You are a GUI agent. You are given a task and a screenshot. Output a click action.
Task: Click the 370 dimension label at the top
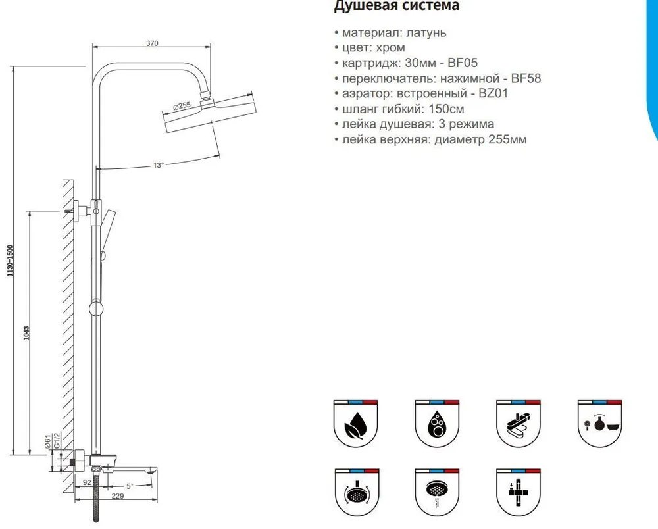pyautogui.click(x=152, y=43)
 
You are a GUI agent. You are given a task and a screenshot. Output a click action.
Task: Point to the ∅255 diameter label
pyautogui.click(x=182, y=106)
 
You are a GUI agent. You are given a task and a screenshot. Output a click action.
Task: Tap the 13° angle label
pyautogui.click(x=158, y=165)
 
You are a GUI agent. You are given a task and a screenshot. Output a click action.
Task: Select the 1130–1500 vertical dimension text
pyautogui.click(x=10, y=260)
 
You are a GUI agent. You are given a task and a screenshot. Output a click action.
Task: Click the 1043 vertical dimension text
pyautogui.click(x=26, y=333)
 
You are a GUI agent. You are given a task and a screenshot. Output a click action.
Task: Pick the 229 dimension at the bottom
pyautogui.click(x=118, y=496)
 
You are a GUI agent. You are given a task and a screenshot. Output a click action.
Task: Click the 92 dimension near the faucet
pyautogui.click(x=87, y=482)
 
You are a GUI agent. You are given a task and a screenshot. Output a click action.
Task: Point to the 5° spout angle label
pyautogui.click(x=130, y=486)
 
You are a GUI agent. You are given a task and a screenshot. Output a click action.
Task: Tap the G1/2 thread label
pyautogui.click(x=57, y=440)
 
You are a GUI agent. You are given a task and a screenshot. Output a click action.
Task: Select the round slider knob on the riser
pyautogui.click(x=96, y=309)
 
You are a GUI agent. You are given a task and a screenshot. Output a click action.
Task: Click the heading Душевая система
pyautogui.click(x=397, y=6)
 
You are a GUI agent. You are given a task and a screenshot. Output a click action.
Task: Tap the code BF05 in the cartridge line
pyautogui.click(x=463, y=63)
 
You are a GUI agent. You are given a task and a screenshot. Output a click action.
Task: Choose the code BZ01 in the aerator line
pyautogui.click(x=493, y=93)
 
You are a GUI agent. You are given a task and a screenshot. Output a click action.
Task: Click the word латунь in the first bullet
pyautogui.click(x=426, y=32)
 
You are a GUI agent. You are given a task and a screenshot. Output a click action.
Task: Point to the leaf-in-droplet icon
pyautogui.click(x=356, y=424)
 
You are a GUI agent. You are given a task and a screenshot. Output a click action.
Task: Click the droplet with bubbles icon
pyautogui.click(x=437, y=424)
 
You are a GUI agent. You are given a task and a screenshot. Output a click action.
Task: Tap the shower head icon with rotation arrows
pyautogui.click(x=357, y=493)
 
